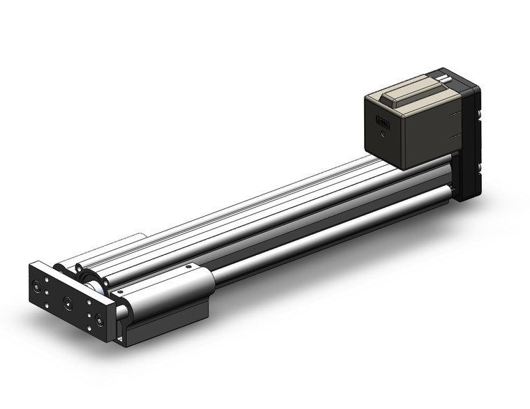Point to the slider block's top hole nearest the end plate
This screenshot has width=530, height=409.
120,291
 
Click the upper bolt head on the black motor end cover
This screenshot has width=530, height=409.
481,111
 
